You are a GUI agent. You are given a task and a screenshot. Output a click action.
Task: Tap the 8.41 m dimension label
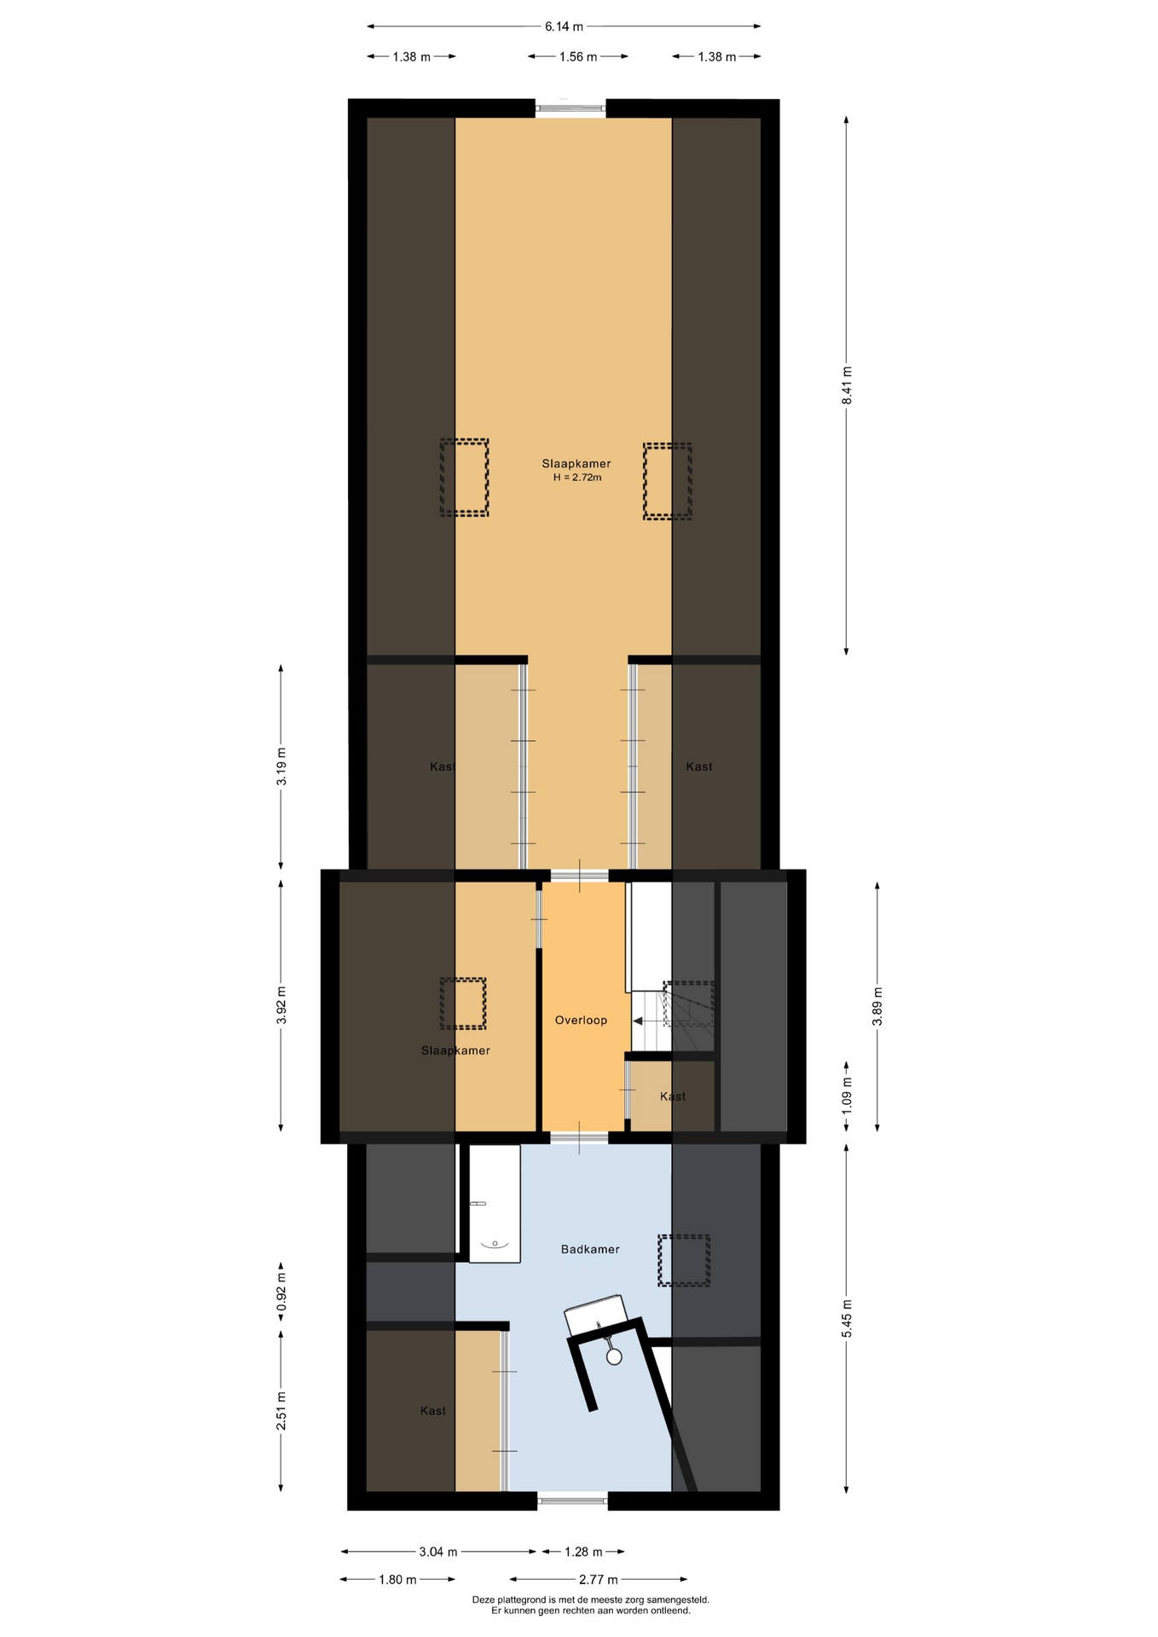pos(847,385)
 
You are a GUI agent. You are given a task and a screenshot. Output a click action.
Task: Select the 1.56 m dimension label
pos(578,57)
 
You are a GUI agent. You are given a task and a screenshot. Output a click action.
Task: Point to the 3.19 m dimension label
pos(281,766)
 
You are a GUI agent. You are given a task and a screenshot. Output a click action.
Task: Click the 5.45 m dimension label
pos(847,1318)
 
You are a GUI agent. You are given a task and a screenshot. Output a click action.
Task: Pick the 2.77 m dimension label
pos(599,1579)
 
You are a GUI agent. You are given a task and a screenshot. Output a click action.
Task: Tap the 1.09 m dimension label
pos(847,1096)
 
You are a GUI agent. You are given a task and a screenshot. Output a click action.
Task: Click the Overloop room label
pos(581,1020)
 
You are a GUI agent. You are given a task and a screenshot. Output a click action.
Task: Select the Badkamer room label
pos(590,1249)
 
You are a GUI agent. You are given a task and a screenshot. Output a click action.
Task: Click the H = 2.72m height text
pos(577,477)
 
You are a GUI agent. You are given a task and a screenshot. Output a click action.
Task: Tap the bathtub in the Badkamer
pos(495,1203)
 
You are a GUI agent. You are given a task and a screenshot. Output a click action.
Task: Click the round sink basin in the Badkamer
pos(614,1356)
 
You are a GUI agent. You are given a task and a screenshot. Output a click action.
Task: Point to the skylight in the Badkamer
pos(684,1260)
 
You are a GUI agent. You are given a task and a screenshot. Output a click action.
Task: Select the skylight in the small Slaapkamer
pos(463,1004)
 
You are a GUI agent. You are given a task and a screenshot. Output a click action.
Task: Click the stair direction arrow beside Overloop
pos(638,1021)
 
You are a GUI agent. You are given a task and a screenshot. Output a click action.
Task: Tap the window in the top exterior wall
pos(570,108)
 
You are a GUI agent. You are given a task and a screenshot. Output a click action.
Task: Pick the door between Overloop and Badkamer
pos(579,1137)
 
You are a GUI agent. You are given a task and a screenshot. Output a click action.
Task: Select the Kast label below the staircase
pos(673,1096)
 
